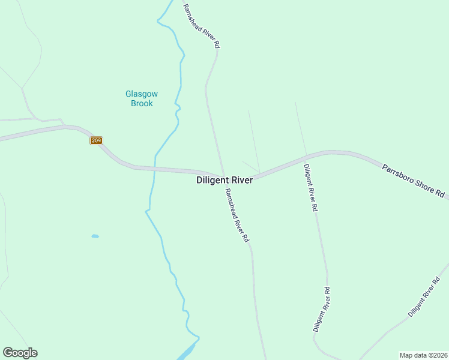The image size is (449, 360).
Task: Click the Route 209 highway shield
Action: (x=97, y=140)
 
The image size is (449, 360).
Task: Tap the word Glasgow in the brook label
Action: (x=141, y=94)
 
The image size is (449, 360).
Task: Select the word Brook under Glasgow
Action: (x=142, y=103)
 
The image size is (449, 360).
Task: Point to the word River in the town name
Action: (x=240, y=180)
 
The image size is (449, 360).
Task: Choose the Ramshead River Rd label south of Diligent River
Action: (x=237, y=215)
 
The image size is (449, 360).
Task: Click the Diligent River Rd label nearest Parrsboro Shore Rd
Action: (x=310, y=188)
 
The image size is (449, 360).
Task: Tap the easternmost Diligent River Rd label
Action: (x=423, y=297)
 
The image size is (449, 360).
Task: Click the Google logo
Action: (x=20, y=353)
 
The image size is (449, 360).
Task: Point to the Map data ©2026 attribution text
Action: (x=423, y=355)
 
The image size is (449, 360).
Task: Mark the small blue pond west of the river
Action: (x=95, y=236)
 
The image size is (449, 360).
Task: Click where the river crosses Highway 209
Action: (x=155, y=169)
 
